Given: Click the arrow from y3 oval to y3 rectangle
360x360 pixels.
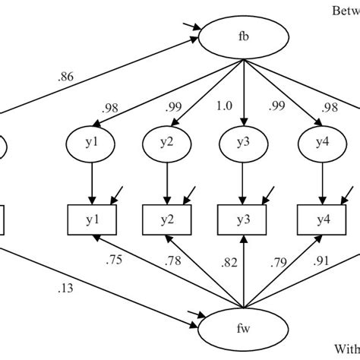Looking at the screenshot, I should click(x=243, y=182).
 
